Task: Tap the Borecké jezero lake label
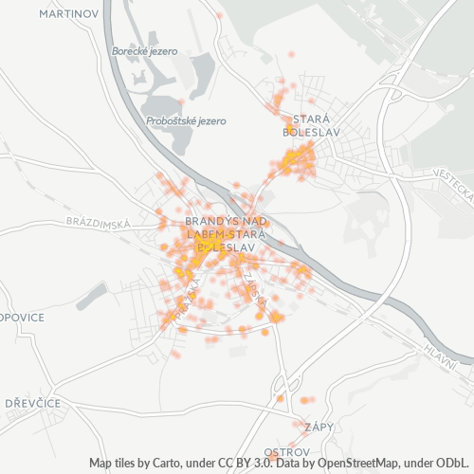coord(145,51)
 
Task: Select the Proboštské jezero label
coord(186,121)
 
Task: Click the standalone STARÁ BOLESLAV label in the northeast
coord(312,125)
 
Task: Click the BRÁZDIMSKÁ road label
coord(98,221)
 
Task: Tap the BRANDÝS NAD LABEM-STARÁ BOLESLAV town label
coord(227,232)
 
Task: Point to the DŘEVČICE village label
coord(32,403)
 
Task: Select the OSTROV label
coord(287,450)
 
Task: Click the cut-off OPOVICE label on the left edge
coord(22,318)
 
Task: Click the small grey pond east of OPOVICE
coord(93,296)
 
